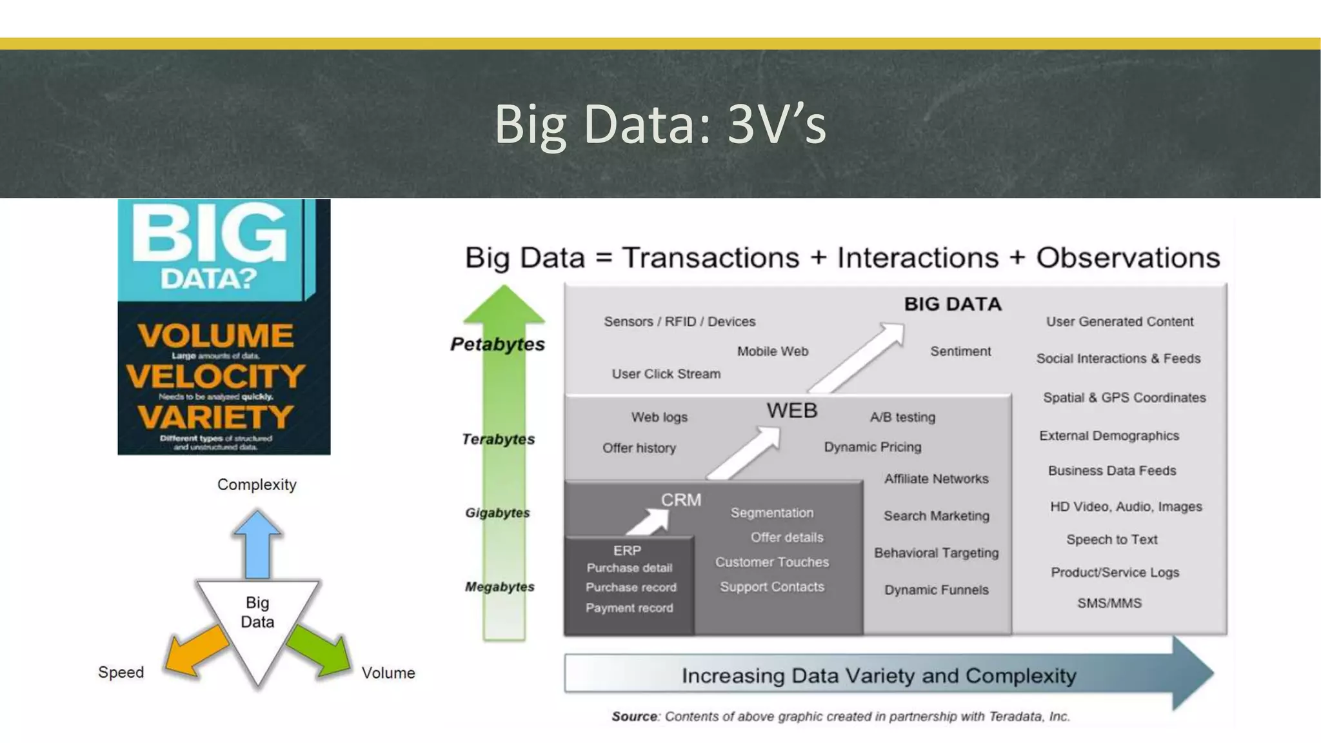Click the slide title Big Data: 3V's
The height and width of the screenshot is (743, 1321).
pyautogui.click(x=660, y=124)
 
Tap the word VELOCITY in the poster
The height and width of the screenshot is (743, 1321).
pyautogui.click(x=215, y=376)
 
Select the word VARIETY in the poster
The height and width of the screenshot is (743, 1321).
pyautogui.click(x=215, y=417)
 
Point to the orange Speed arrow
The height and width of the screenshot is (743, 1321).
pyautogui.click(x=196, y=651)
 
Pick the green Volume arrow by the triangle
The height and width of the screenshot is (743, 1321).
pyautogui.click(x=319, y=651)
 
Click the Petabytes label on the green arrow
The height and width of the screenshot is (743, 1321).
pyautogui.click(x=497, y=344)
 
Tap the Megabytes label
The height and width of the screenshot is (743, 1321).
pyautogui.click(x=500, y=587)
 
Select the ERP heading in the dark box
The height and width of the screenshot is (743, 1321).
pyautogui.click(x=627, y=550)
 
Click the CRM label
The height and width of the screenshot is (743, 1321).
pyautogui.click(x=680, y=500)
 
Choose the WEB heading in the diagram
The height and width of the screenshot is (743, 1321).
pyautogui.click(x=791, y=411)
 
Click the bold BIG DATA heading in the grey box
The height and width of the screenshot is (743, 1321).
pyautogui.click(x=952, y=304)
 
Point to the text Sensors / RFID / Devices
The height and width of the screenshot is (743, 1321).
pyautogui.click(x=679, y=321)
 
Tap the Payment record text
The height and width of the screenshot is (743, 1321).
pyautogui.click(x=629, y=608)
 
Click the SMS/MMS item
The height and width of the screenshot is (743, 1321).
pyautogui.click(x=1109, y=603)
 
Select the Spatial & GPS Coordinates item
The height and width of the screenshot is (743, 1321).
pyautogui.click(x=1124, y=397)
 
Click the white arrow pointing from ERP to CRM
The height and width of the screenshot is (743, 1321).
pyautogui.click(x=649, y=521)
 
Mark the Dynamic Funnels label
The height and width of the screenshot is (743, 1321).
pyautogui.click(x=936, y=589)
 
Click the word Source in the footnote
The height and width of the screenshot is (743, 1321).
pyautogui.click(x=634, y=717)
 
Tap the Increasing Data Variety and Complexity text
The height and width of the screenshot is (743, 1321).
pyautogui.click(x=879, y=676)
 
